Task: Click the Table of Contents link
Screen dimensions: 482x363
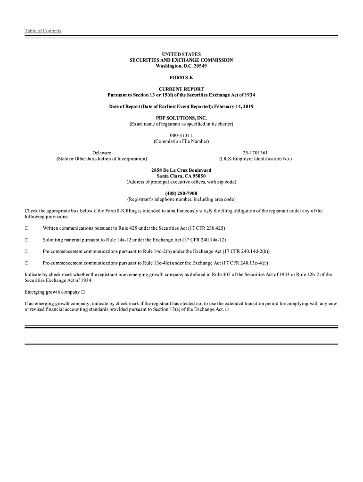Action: pos(43,31)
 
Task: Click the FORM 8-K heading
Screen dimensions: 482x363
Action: pos(181,78)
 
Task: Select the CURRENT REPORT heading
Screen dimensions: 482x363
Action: pos(181,89)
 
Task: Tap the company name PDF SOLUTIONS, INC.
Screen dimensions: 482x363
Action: pos(181,118)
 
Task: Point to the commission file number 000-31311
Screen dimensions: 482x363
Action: pos(181,136)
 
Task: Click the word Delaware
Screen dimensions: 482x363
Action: pos(102,153)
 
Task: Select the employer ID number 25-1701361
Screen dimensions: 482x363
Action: pos(256,153)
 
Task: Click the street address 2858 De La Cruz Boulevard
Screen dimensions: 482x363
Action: pos(181,170)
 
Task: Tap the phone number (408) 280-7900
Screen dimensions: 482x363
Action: pos(181,193)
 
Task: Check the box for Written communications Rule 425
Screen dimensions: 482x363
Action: pos(27,228)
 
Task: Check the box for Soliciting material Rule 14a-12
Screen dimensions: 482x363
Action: pos(27,240)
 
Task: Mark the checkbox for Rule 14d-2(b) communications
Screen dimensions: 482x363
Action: pos(27,251)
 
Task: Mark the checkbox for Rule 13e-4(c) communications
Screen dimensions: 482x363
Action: pos(27,263)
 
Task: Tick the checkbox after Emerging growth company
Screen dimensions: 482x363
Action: pos(83,292)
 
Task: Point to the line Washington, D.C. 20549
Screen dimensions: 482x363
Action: pos(181,66)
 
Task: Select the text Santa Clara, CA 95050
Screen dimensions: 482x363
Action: pos(181,176)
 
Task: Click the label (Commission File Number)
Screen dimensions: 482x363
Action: pos(181,141)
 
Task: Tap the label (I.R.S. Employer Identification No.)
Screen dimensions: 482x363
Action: pos(256,159)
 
